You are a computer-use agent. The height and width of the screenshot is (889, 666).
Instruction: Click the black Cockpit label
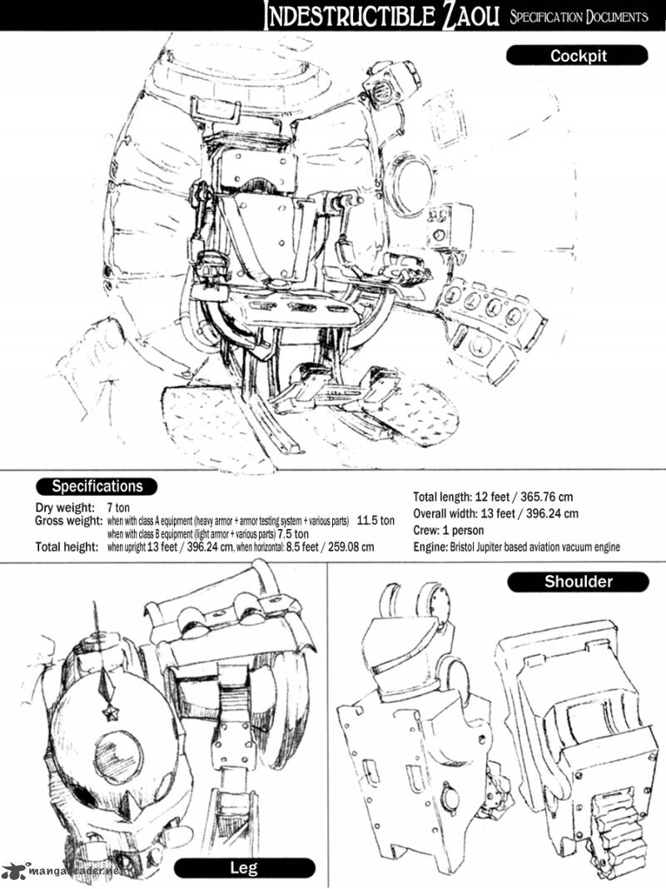pos(577,56)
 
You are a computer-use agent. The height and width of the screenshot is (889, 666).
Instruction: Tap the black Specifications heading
pos(97,487)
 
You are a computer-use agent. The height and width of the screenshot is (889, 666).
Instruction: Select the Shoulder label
pos(578,582)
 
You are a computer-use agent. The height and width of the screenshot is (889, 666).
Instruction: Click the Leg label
pos(243,868)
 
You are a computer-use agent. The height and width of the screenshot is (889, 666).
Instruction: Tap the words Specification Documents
pos(578,16)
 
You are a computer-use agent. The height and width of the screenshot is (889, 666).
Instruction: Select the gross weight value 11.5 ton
pos(375,521)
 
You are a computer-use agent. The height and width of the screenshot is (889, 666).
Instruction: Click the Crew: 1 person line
pos(449,530)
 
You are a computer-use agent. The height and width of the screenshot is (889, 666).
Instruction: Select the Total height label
pos(66,547)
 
